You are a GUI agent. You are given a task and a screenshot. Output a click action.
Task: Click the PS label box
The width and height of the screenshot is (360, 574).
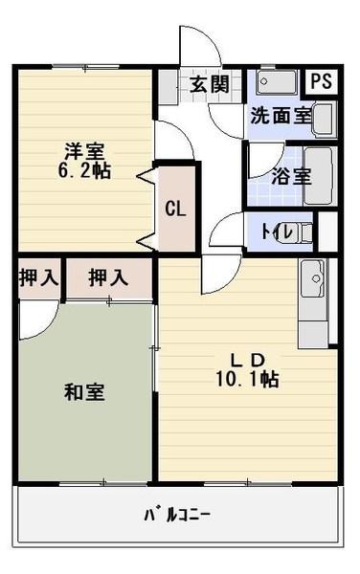[x=321, y=81]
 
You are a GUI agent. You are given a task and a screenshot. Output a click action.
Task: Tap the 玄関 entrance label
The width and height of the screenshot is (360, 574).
[x=209, y=84]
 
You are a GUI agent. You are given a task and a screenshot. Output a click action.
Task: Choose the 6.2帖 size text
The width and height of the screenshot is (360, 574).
[x=85, y=172]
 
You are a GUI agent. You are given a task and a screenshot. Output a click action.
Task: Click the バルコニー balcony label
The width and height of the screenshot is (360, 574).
[x=176, y=517]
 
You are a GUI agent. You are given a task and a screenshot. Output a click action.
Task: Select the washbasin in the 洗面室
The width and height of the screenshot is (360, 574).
[x=325, y=120]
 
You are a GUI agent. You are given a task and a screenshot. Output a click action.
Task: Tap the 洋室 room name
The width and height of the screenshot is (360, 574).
[x=84, y=151]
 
